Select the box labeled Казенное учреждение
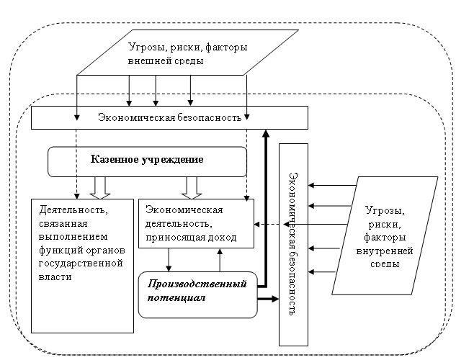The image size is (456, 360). point(147,159)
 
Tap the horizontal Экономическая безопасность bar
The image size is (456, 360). point(169,117)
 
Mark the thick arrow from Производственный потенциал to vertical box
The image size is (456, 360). point(268,299)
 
